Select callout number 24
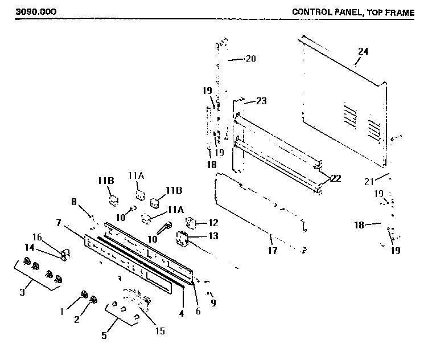[x=363, y=51]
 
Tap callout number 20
[x=251, y=58]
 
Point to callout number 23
[x=261, y=101]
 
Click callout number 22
[x=336, y=178]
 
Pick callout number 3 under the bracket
[x=22, y=292]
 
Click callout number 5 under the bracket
[x=104, y=336]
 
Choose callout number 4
[x=182, y=312]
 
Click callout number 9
[x=213, y=302]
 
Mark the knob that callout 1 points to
[x=84, y=294]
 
